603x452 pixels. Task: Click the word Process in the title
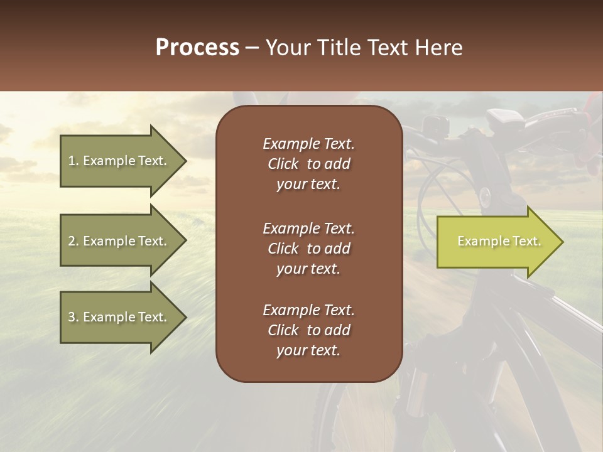coord(197,48)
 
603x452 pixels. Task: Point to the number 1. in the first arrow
coord(73,161)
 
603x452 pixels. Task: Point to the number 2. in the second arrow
coord(73,241)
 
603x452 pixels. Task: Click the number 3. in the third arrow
coord(73,317)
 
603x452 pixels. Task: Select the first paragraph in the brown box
coord(308,164)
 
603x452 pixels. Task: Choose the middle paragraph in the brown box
coord(308,249)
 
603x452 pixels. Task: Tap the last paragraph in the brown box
coord(308,330)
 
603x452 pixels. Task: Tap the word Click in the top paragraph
coord(283,164)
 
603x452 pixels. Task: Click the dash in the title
coord(252,48)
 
